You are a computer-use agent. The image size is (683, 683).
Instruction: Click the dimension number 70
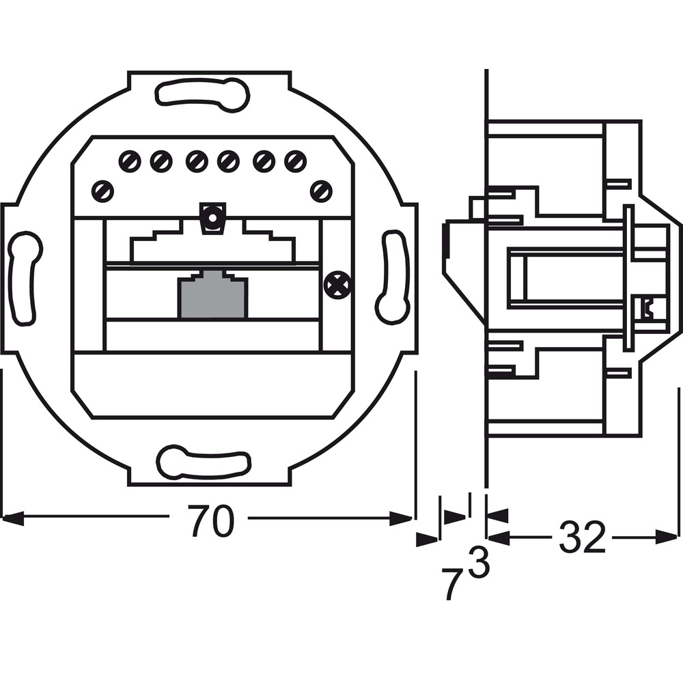(x=211, y=520)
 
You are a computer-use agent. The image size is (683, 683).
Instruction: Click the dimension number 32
(x=582, y=537)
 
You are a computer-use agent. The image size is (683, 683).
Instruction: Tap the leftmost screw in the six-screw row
(x=130, y=162)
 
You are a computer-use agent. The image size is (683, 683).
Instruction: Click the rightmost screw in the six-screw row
(x=295, y=162)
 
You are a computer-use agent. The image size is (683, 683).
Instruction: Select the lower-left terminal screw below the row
(x=103, y=191)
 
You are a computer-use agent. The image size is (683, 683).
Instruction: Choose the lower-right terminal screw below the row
(x=321, y=191)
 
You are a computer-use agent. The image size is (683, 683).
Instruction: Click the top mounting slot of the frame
(x=202, y=94)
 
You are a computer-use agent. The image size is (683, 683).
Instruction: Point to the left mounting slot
(x=25, y=279)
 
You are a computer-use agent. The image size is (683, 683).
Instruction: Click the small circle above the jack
(x=212, y=218)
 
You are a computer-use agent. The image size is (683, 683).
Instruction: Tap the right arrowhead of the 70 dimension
(x=401, y=518)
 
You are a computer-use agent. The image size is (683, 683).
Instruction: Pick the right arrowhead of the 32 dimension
(x=667, y=537)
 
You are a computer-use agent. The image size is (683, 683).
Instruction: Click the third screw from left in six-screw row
(x=197, y=162)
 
